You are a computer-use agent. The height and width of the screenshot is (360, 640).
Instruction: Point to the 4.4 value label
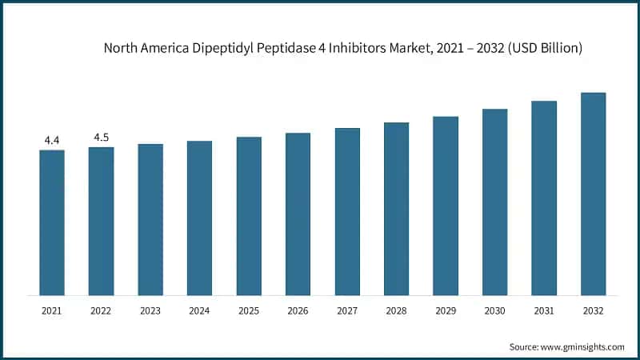click(x=52, y=141)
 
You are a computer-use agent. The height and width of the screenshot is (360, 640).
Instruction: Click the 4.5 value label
click(x=101, y=138)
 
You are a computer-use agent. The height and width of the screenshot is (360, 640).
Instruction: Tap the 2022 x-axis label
click(x=101, y=310)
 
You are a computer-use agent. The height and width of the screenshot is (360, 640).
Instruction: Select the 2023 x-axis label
click(x=150, y=310)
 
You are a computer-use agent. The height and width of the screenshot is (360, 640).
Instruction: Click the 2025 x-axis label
click(x=249, y=310)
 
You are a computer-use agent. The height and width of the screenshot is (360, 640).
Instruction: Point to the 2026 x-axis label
click(x=298, y=310)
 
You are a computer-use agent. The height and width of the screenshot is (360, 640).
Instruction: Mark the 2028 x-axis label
click(x=396, y=310)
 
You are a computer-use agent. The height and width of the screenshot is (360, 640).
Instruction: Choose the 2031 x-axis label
click(x=544, y=310)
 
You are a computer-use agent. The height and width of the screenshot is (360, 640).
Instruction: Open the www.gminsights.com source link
click(x=583, y=346)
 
